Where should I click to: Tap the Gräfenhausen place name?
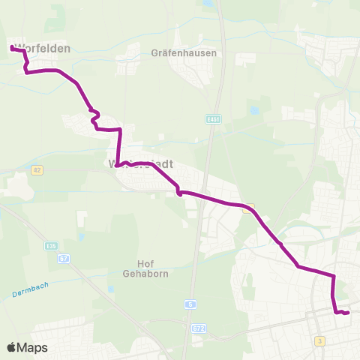pyautogui.click(x=184, y=53)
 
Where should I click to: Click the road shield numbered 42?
pyautogui.click(x=37, y=171)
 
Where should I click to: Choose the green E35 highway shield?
pyautogui.click(x=51, y=245)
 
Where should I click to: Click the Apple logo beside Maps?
pyautogui.click(x=11, y=347)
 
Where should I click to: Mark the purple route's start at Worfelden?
pyautogui.click(x=12, y=48)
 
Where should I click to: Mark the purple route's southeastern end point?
pyautogui.click(x=348, y=313)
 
